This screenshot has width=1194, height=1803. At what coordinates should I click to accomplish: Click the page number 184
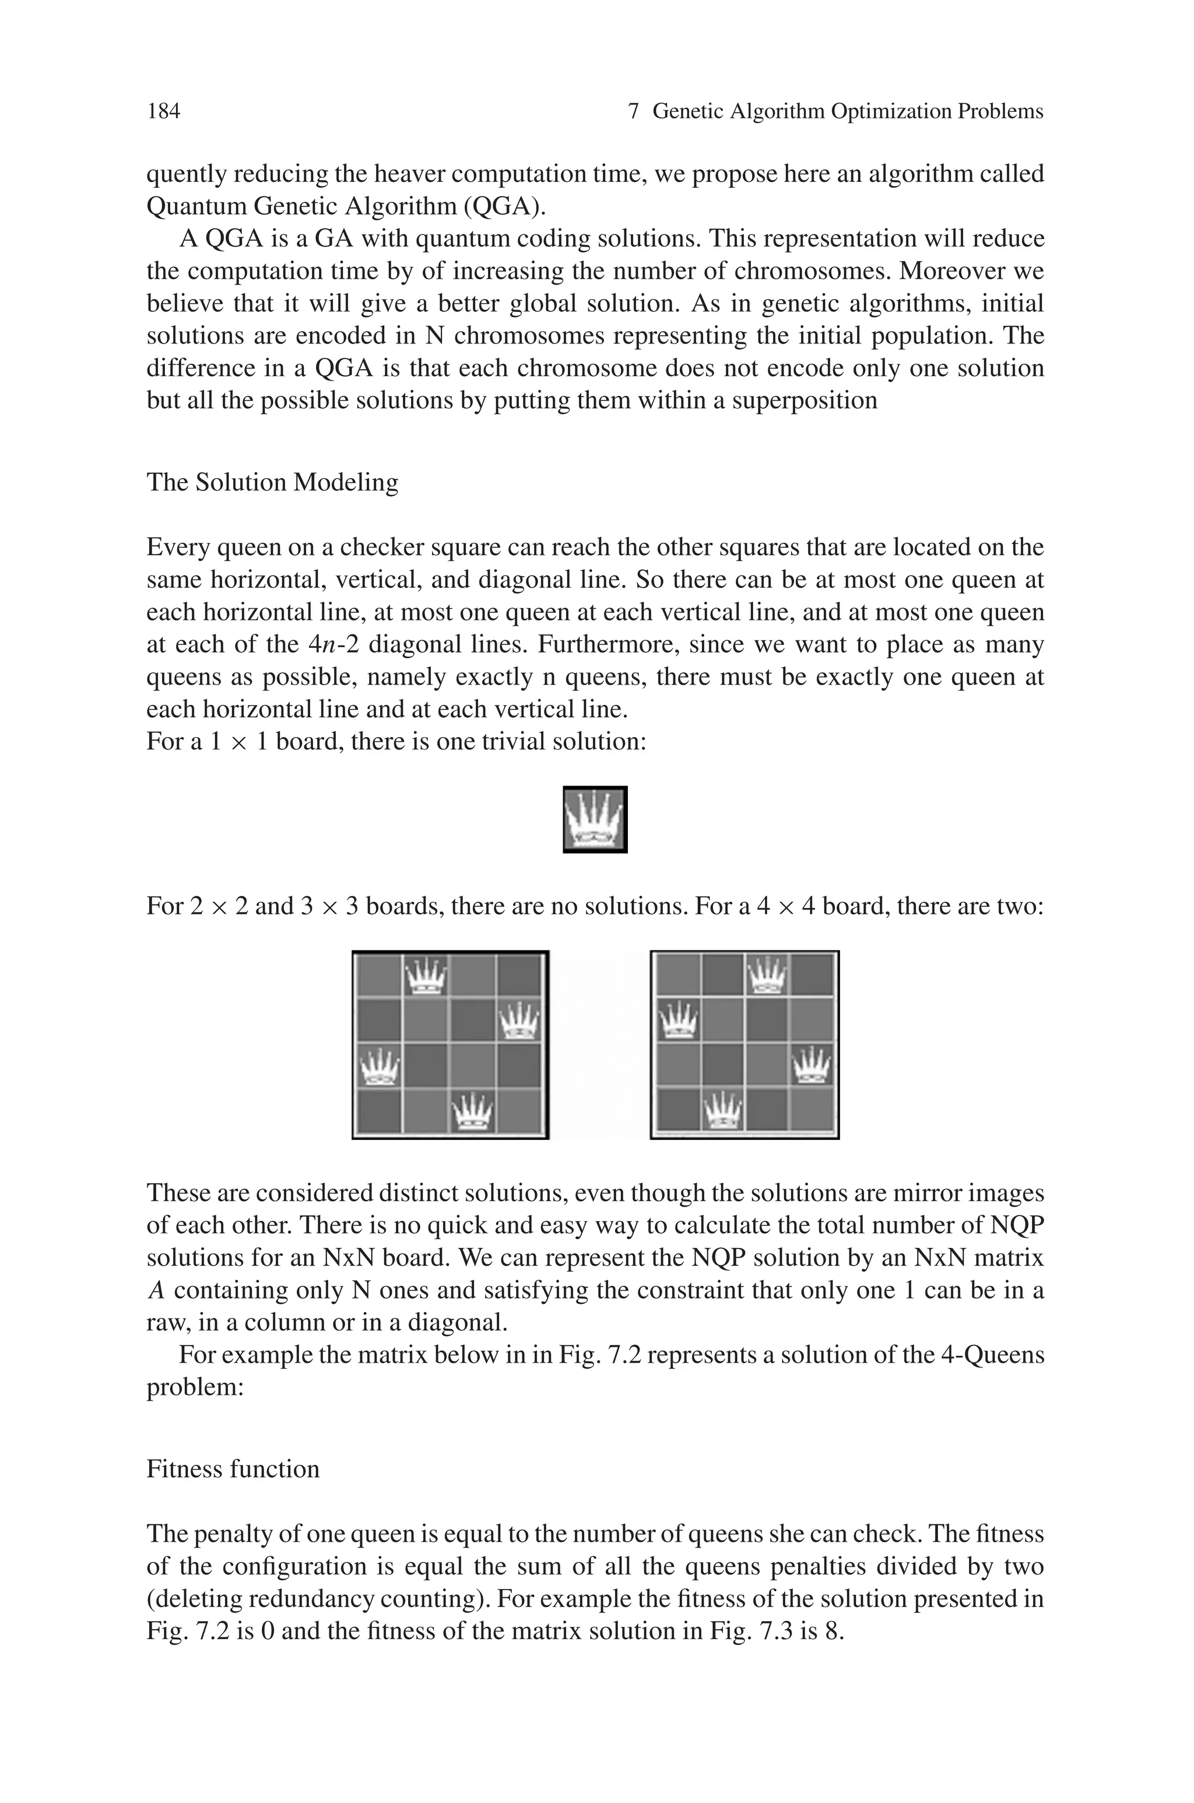tap(163, 112)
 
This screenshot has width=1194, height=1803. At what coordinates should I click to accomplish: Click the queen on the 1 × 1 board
tap(595, 819)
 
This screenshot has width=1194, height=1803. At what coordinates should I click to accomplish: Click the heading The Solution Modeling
tap(272, 483)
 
